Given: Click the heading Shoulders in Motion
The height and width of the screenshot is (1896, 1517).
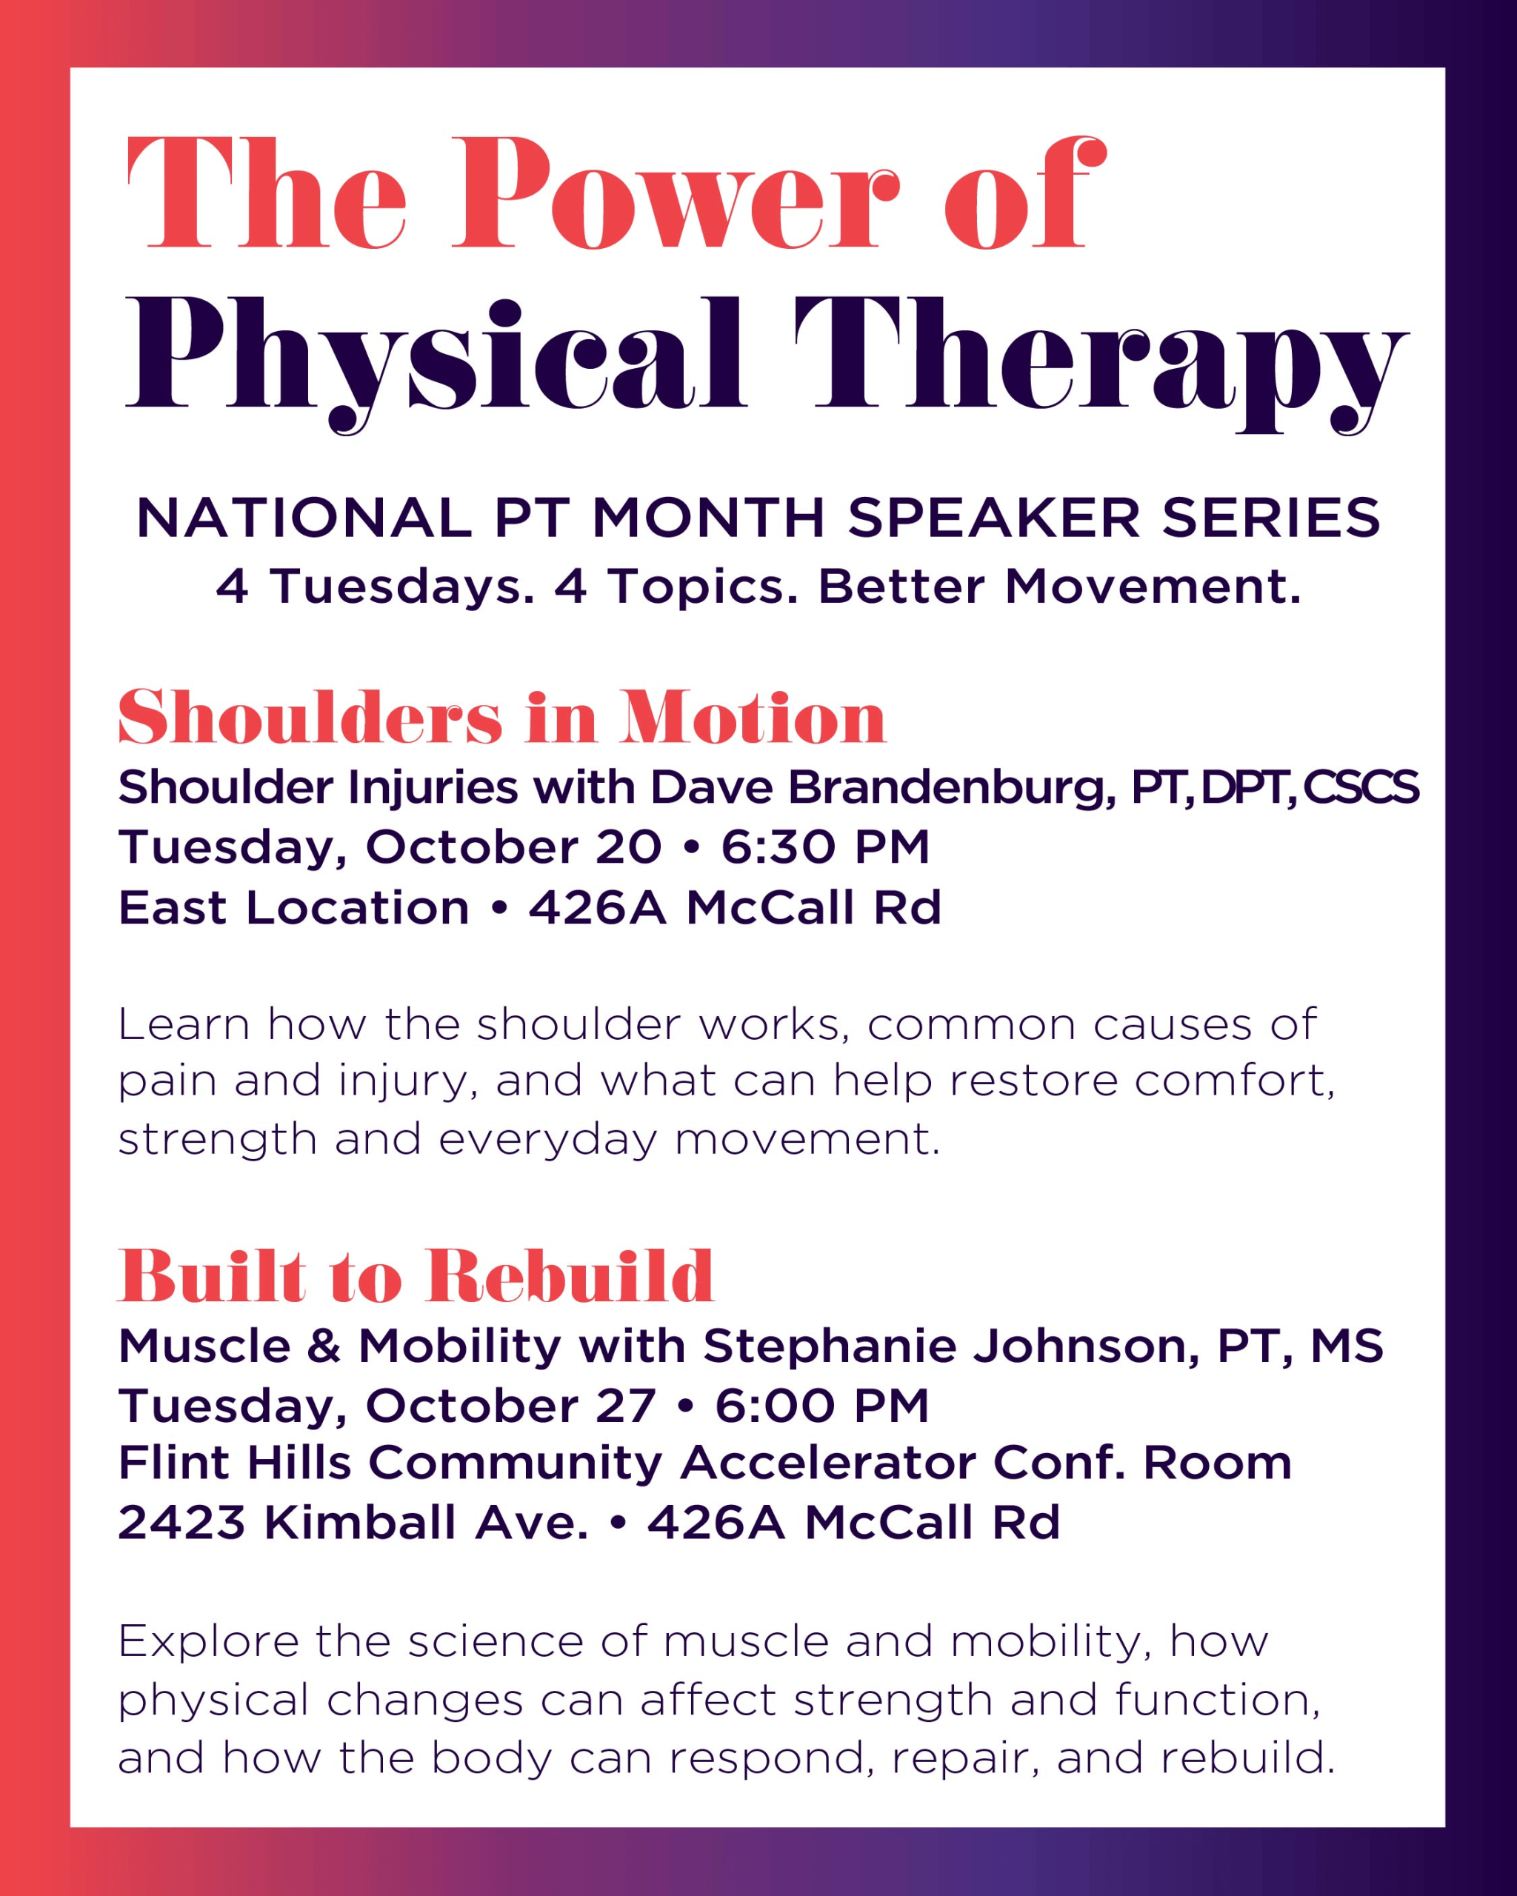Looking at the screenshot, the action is tap(502, 718).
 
